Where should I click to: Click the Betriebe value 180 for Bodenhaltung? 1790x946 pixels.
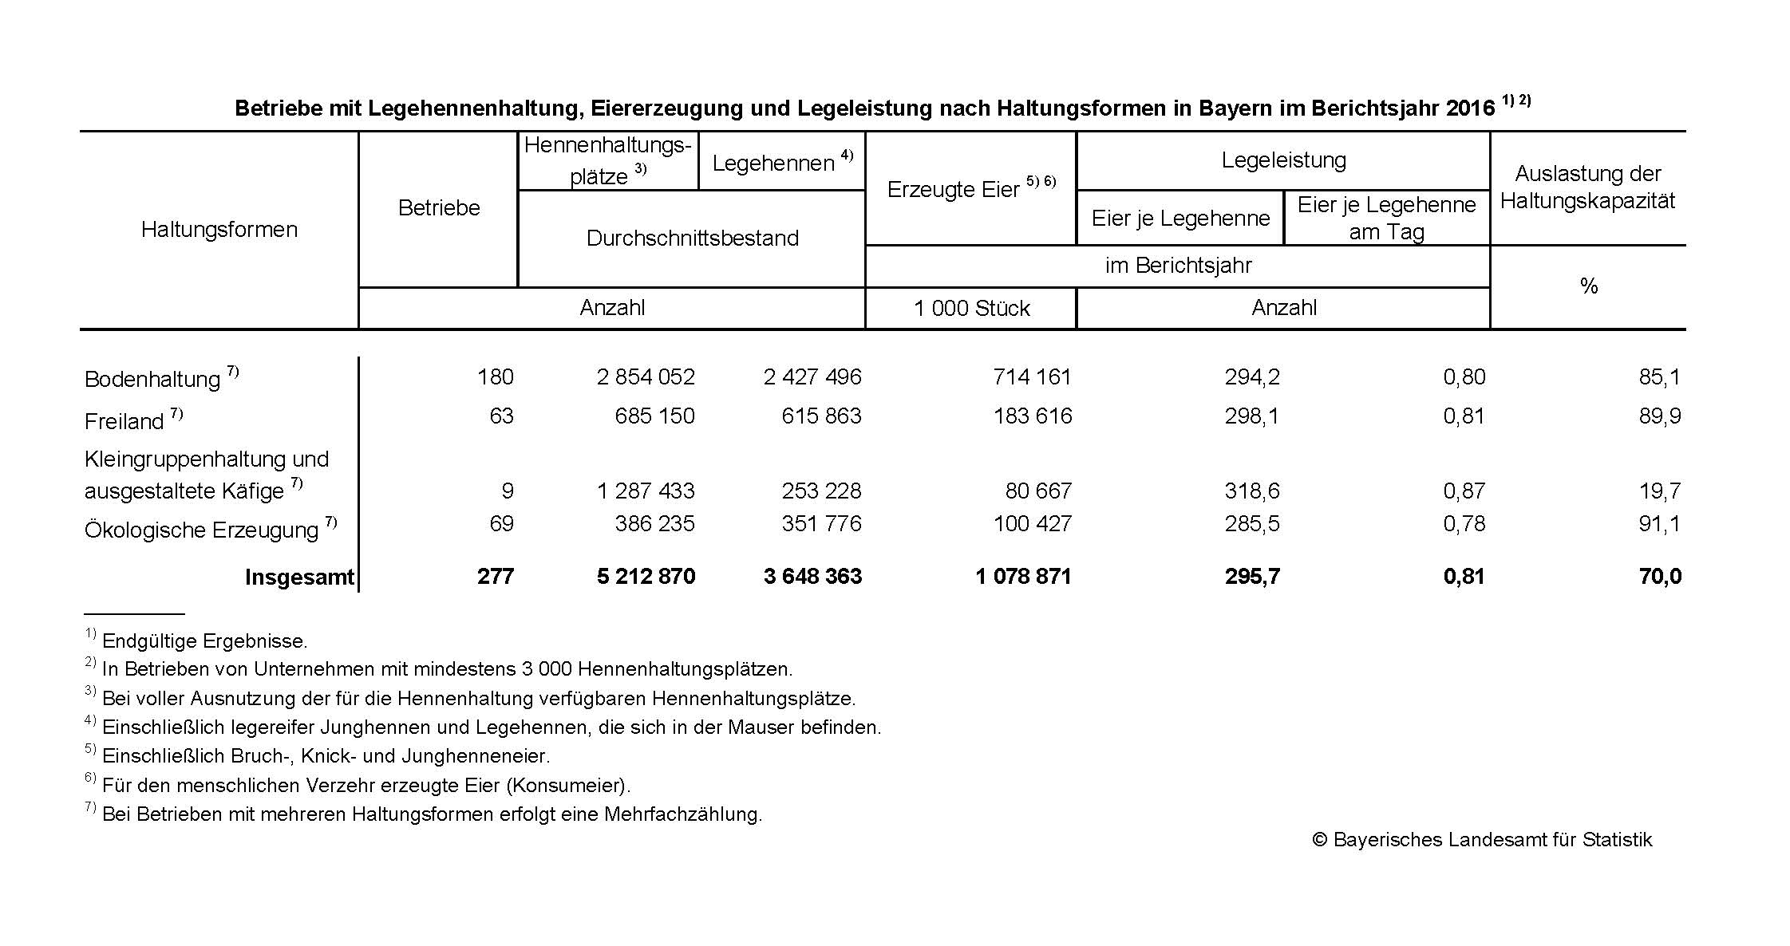coord(495,376)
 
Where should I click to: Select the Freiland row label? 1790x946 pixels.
coord(124,420)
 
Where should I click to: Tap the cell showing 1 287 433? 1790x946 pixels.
coord(646,491)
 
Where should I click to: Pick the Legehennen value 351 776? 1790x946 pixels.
coord(821,523)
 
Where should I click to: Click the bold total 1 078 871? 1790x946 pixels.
coord(1023,576)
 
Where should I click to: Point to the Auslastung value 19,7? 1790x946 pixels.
coord(1660,491)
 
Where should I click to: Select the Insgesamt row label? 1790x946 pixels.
coord(299,577)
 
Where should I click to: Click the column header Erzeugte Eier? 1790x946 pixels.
coord(954,189)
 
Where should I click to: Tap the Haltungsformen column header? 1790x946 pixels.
coord(219,230)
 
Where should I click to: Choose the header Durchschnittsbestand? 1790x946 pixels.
coord(692,238)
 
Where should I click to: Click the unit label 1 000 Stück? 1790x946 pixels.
coord(971,308)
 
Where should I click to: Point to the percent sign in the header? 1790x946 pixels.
coord(1588,286)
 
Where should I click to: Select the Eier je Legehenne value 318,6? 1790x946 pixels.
coord(1252,491)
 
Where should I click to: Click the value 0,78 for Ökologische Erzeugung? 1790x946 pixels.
coord(1464,523)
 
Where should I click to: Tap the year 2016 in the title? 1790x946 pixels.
coord(1469,108)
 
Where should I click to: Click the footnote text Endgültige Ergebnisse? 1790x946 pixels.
coord(204,641)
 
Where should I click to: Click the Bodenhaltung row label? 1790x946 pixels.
coord(152,379)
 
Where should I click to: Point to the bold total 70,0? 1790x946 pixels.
coord(1660,576)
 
